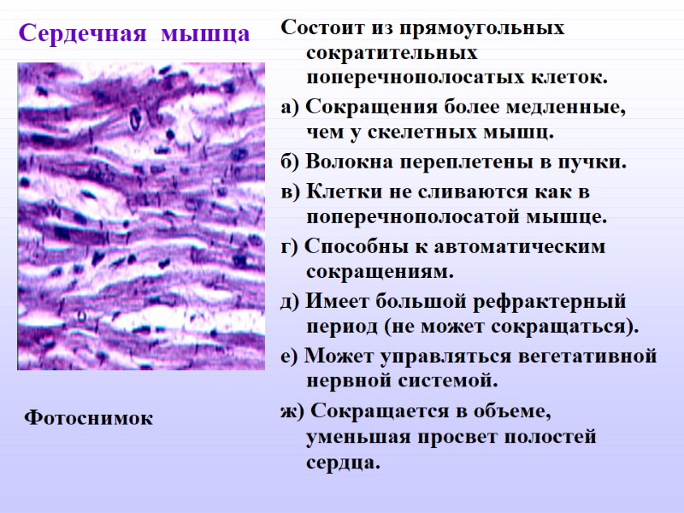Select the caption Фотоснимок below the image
(89, 418)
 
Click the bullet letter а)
(290, 109)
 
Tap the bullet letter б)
(291, 162)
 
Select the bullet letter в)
(290, 191)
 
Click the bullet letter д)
(291, 302)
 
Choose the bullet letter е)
(290, 356)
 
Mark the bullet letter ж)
(292, 410)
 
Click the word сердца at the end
(339, 463)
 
